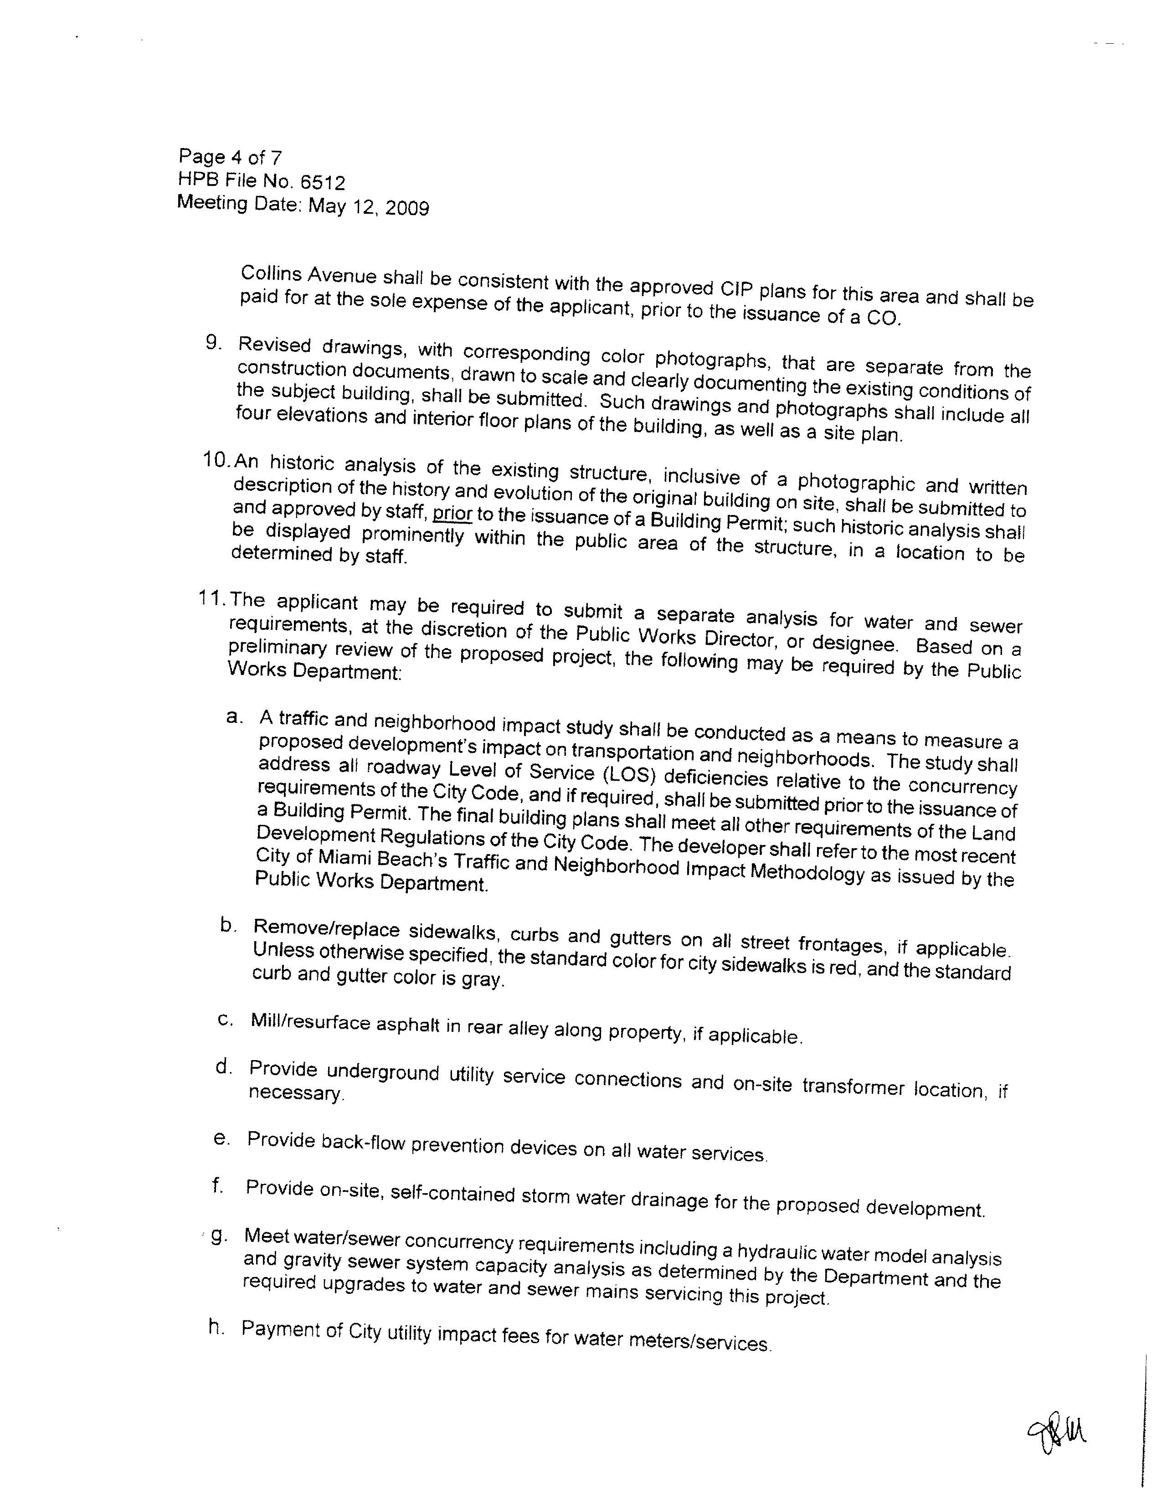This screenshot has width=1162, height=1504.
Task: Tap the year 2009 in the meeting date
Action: pos(407,208)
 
